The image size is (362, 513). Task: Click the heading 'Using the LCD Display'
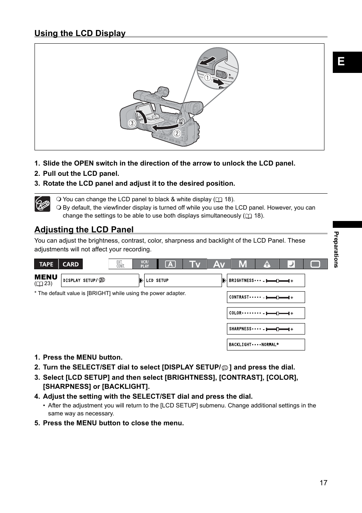80,33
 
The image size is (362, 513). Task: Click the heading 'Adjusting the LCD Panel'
84,229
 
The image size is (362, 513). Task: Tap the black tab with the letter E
347,62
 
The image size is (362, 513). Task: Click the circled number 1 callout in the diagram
208,78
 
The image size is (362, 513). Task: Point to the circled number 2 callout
177,133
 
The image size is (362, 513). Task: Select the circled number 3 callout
132,123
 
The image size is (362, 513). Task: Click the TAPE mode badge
46,264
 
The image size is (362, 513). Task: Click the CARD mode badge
71,264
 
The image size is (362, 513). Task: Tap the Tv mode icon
195,264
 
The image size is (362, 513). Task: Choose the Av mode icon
219,264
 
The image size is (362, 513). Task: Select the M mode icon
243,264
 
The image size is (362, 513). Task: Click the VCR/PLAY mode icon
145,264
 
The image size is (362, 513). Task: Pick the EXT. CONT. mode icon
120,264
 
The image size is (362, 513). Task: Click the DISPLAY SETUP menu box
100,281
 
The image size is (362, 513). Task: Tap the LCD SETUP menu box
183,281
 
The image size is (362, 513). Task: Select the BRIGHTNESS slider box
266,281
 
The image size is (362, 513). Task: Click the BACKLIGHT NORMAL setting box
266,344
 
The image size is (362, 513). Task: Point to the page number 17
323,483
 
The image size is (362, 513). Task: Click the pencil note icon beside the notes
42,204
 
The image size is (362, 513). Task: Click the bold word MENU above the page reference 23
46,277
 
